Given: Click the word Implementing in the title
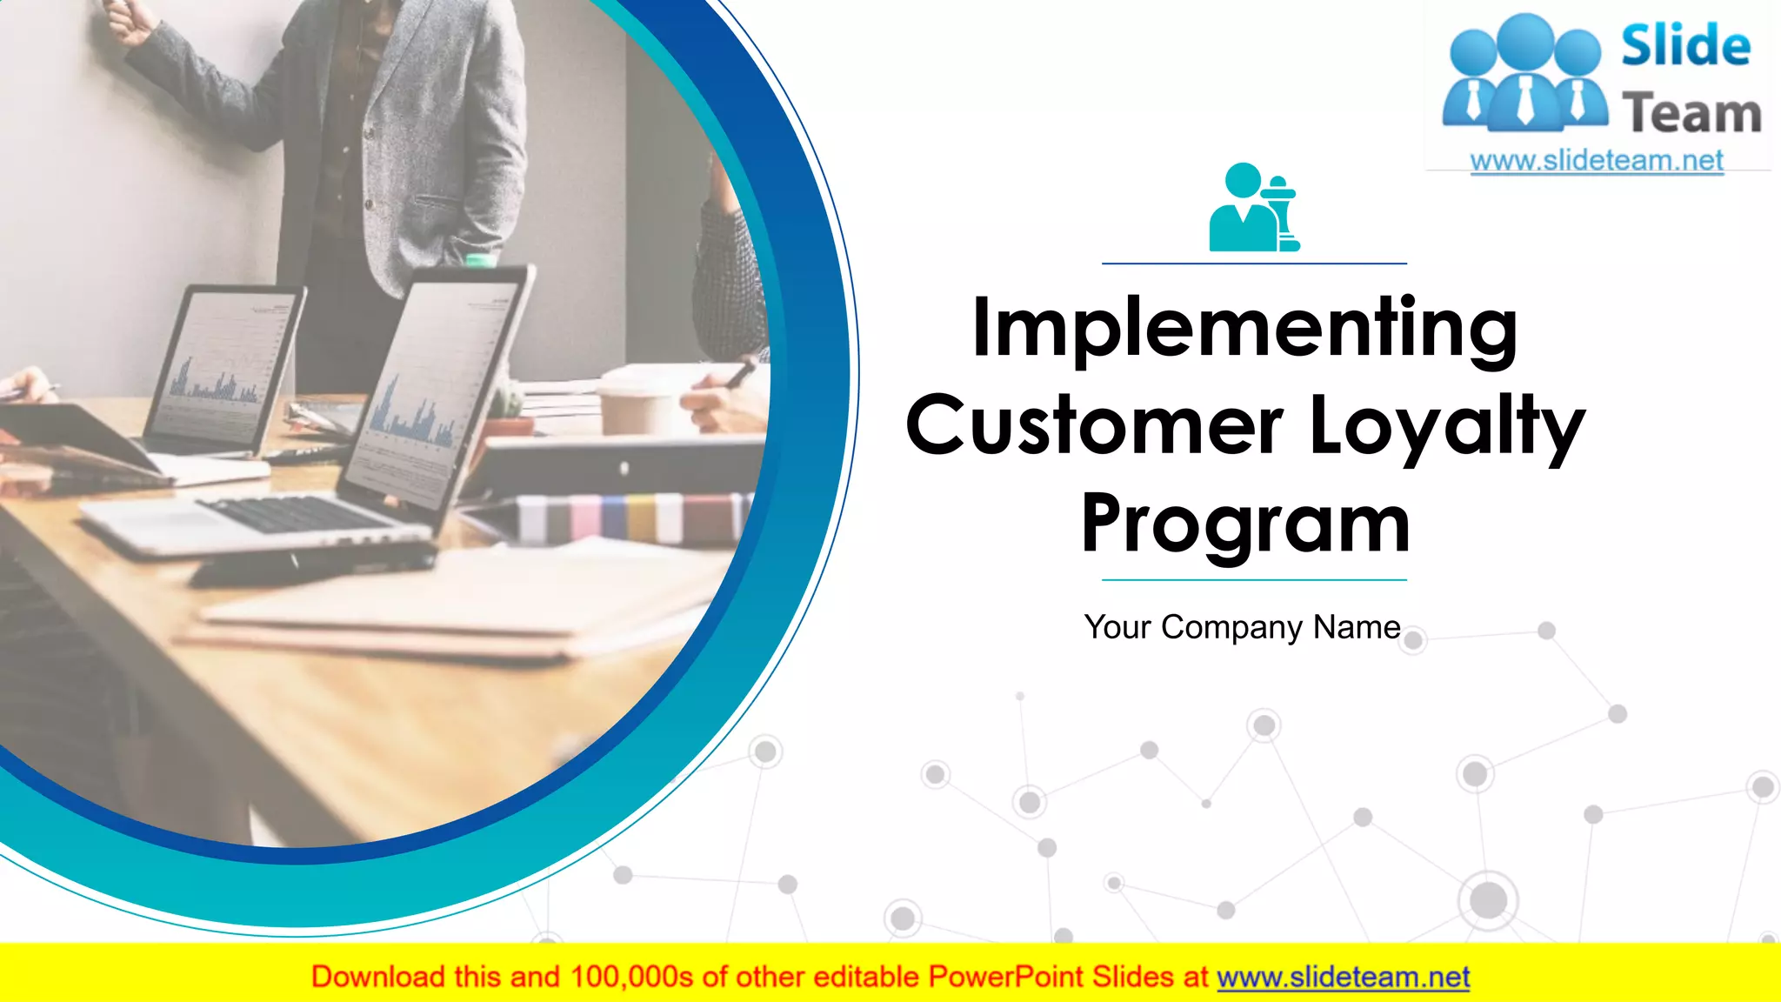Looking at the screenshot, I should [1244, 328].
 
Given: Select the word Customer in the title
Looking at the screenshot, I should [1094, 425].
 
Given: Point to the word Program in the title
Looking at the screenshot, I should [1245, 524].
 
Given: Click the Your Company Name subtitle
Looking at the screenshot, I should [1242, 627].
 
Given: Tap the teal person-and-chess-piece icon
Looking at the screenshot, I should [1253, 209].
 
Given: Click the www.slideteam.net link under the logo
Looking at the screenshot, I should [1597, 161].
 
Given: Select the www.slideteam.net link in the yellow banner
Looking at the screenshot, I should [1343, 978].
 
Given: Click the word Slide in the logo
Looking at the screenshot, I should [1685, 46].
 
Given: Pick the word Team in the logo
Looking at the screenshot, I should [1691, 114].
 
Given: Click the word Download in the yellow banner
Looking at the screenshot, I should [377, 978].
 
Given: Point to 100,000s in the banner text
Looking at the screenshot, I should [631, 978].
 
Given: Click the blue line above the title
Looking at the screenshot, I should [1254, 263].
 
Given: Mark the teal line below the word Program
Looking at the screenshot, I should [1254, 579].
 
